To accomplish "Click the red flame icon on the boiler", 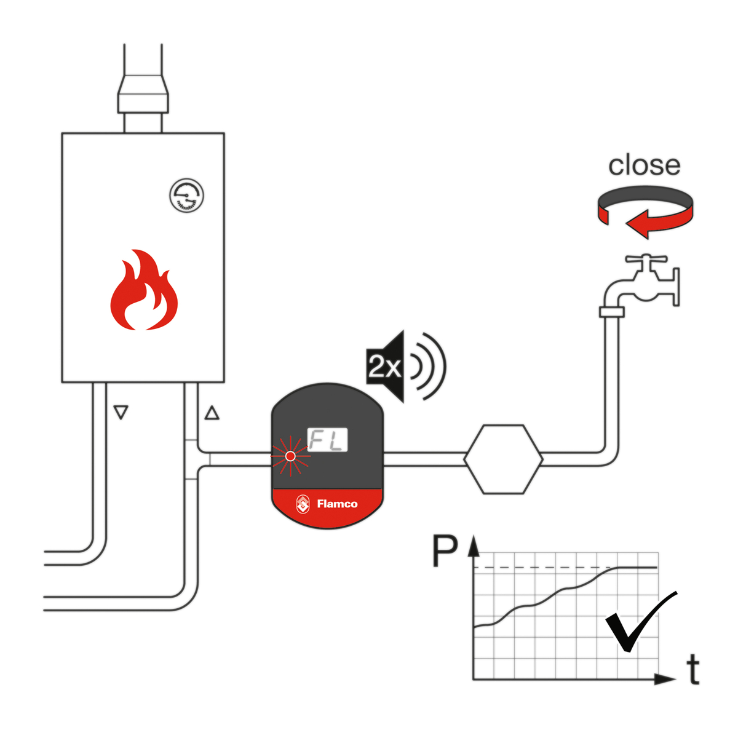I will tap(144, 292).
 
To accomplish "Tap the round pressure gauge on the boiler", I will tap(186, 196).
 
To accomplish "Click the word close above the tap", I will tap(644, 165).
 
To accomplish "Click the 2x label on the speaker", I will tap(384, 367).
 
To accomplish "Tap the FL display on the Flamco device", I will tap(327, 440).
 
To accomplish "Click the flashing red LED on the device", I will tap(290, 456).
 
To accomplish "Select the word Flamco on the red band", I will tap(337, 504).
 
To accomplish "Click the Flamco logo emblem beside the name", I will tap(303, 504).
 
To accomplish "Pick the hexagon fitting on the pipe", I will tap(503, 459).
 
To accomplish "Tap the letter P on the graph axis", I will tap(445, 552).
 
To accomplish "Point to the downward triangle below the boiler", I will tap(121, 412).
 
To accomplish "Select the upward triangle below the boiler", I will tap(212, 413).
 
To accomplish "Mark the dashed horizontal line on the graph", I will tap(541, 567).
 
